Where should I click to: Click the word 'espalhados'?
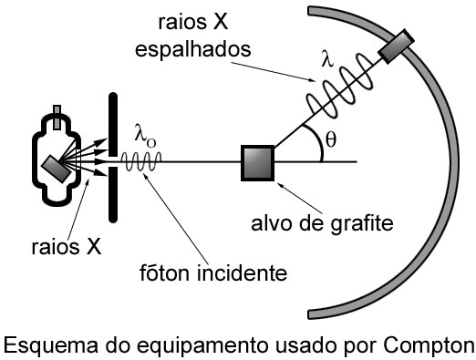[x=198, y=51]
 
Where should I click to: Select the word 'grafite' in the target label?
[x=366, y=221]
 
